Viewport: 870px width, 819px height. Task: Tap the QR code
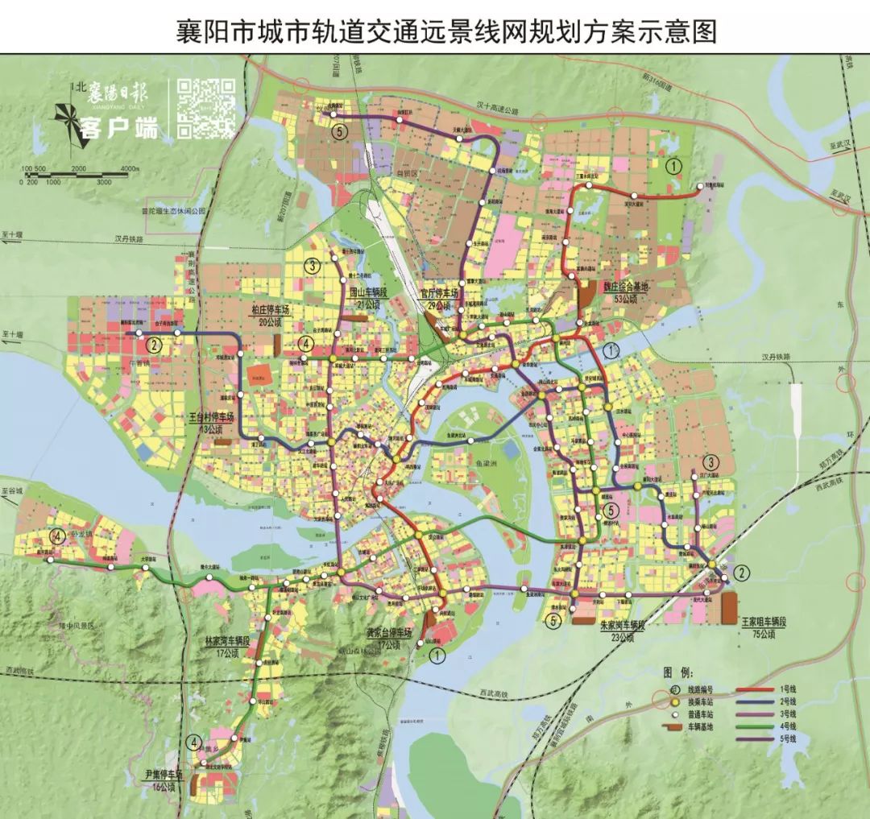[205, 107]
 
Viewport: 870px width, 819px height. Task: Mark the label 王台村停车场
[211, 418]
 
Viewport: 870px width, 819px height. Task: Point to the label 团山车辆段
[369, 294]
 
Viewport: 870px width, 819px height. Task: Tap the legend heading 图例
[677, 671]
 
